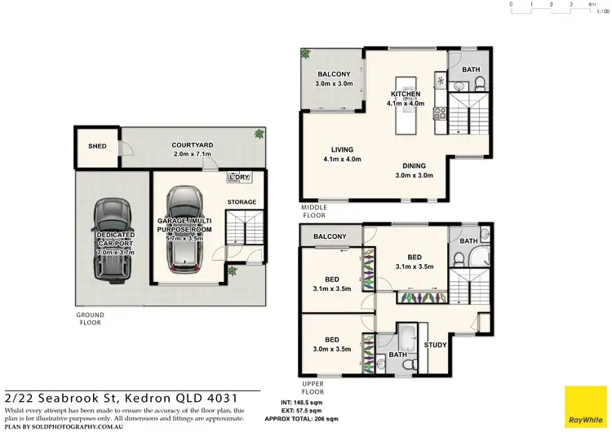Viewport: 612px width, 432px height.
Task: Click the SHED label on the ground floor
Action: [x=97, y=146]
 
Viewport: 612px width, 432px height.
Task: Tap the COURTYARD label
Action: [x=193, y=146]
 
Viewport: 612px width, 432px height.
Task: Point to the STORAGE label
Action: [x=242, y=202]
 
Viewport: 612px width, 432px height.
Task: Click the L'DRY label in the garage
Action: [x=239, y=177]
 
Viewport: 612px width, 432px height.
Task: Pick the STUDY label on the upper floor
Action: [x=436, y=345]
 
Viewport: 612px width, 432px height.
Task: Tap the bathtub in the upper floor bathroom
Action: [x=406, y=337]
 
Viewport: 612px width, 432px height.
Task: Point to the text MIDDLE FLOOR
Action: [x=315, y=212]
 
